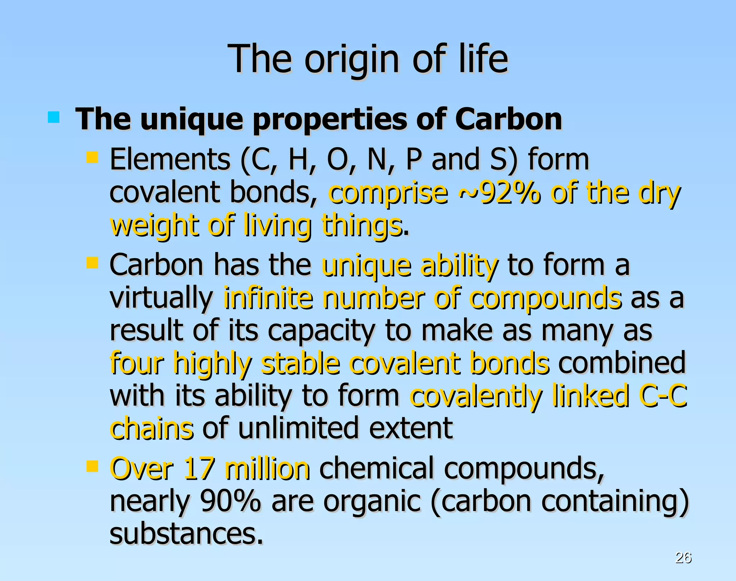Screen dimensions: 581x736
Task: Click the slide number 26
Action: [683, 557]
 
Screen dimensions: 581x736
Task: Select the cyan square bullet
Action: [54, 117]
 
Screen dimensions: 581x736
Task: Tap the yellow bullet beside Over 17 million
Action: [92, 466]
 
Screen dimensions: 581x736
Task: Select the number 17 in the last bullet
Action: [199, 469]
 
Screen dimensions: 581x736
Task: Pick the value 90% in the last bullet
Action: [230, 501]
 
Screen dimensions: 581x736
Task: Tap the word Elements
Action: [170, 160]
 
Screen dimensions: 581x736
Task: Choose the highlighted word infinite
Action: [268, 298]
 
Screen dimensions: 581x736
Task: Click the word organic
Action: [372, 502]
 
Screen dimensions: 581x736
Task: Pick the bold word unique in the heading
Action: [192, 120]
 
